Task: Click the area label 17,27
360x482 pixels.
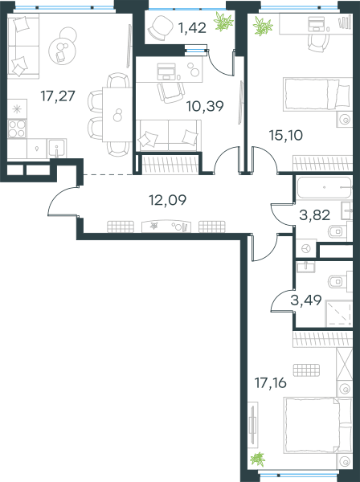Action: (x=58, y=96)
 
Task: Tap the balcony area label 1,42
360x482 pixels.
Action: (x=192, y=28)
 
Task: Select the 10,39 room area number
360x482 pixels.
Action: (x=205, y=106)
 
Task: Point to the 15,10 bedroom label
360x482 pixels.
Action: (x=286, y=135)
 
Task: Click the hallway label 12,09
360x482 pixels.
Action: (x=168, y=200)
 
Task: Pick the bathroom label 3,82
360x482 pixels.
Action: (x=315, y=215)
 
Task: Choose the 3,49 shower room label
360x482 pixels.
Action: (x=306, y=300)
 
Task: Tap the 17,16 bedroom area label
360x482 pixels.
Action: (x=271, y=383)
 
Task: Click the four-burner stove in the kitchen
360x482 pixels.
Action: (x=17, y=129)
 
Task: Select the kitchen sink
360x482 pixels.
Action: (x=56, y=148)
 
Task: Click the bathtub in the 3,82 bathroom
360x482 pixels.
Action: (x=324, y=187)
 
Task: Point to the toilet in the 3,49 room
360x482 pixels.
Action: (x=337, y=281)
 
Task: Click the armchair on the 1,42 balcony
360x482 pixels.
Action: (x=161, y=27)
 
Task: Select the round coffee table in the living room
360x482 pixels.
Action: (x=63, y=51)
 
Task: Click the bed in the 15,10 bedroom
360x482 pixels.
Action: (x=317, y=94)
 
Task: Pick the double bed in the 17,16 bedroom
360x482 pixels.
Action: (x=318, y=426)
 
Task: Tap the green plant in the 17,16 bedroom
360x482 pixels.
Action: (x=258, y=460)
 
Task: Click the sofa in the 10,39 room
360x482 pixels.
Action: (x=169, y=136)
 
